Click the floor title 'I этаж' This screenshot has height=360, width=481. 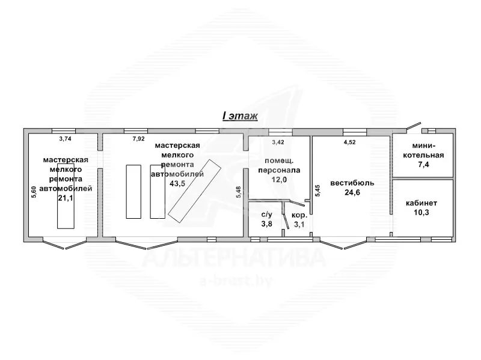coord(240,116)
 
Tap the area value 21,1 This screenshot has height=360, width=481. coord(66,198)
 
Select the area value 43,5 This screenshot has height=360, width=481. coord(177,183)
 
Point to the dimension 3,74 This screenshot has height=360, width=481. coord(65,139)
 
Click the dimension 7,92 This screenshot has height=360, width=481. coord(139,139)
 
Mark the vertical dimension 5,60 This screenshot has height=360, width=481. coord(34,192)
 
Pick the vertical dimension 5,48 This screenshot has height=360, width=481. coord(239,192)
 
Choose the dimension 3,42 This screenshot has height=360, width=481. coord(278,142)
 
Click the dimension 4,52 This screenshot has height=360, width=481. coord(350,142)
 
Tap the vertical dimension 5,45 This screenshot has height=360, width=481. coord(318,191)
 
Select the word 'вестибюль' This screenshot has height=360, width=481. coord(352,183)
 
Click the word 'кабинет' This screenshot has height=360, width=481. coord(421,203)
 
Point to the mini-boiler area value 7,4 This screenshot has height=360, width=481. coord(423,165)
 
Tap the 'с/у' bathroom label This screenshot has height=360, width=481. coord(266,215)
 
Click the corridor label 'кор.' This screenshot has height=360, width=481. coord(299,215)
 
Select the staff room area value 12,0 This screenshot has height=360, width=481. coord(279,180)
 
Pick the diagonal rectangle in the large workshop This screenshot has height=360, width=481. coord(194,191)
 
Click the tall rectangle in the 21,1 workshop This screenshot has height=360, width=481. coord(66,196)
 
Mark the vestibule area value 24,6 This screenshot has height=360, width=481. coord(352,192)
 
